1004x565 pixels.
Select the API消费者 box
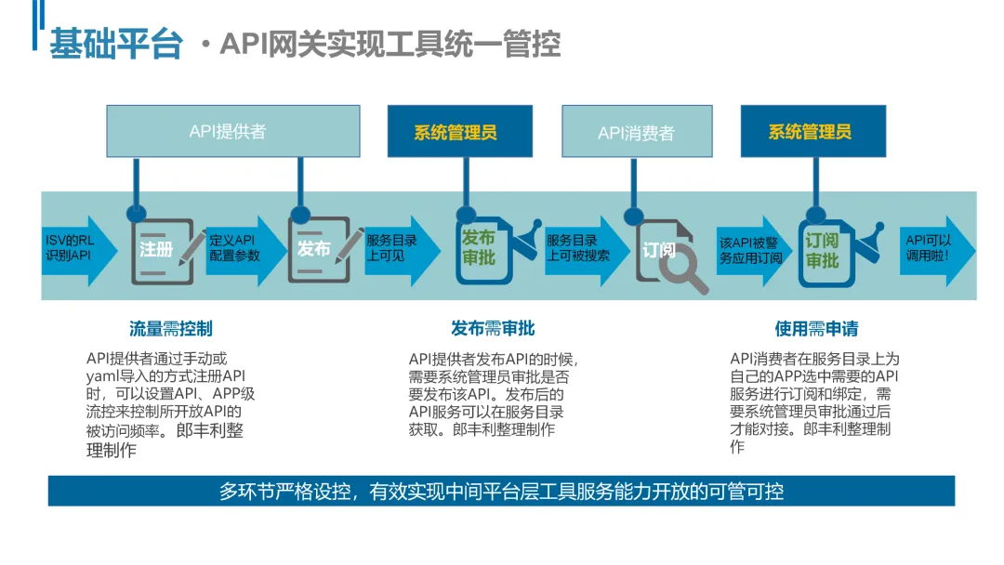[x=637, y=132]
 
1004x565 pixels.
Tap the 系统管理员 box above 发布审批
[x=456, y=132]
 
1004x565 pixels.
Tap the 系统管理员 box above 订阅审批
[x=810, y=132]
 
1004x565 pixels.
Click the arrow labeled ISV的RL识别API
[x=78, y=248]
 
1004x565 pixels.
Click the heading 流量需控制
[x=171, y=329]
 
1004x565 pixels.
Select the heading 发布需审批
[x=493, y=329]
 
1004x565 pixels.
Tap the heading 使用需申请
[x=816, y=329]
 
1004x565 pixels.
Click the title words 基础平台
[x=115, y=44]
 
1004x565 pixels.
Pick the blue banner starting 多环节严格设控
[x=501, y=491]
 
